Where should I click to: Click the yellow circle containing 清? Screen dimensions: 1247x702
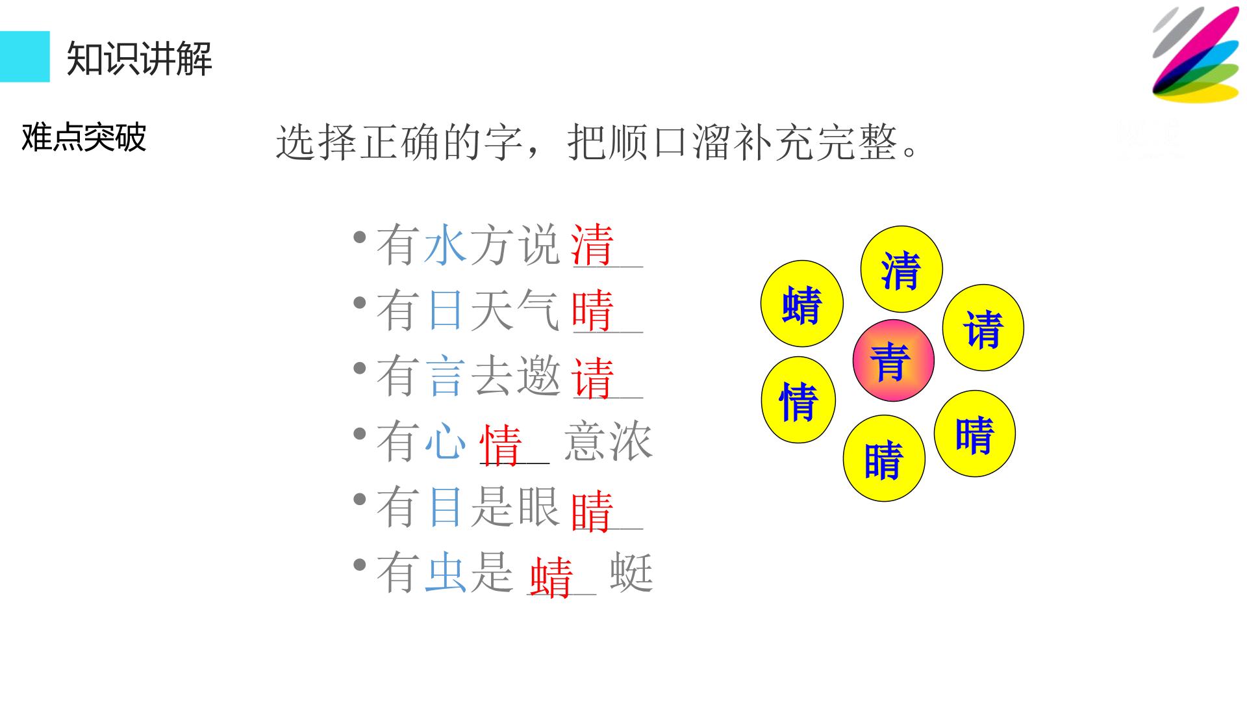[x=901, y=269]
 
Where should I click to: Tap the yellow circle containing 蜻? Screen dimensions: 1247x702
[x=802, y=304]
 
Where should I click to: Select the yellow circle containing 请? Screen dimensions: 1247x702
[x=983, y=328]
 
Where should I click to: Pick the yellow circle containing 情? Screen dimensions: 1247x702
[x=798, y=400]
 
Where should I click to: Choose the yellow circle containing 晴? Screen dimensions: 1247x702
[x=975, y=434]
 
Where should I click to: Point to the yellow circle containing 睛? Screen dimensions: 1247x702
[x=884, y=458]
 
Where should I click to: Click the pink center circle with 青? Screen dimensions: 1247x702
[x=893, y=360]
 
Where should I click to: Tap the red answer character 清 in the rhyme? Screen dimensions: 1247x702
[x=592, y=246]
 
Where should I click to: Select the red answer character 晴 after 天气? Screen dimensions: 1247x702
[x=592, y=311]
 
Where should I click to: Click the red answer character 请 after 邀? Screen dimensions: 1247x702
[x=592, y=377]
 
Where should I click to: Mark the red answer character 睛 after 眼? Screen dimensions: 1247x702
[x=592, y=510]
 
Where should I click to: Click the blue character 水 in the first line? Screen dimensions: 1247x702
[x=445, y=245]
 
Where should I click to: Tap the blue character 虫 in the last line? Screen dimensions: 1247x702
[x=445, y=573]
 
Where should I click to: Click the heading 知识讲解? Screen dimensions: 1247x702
[x=140, y=58]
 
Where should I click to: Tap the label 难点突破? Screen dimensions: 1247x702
[x=84, y=137]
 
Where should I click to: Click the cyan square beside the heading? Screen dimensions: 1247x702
[x=25, y=57]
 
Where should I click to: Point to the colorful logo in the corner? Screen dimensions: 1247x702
[x=1196, y=55]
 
